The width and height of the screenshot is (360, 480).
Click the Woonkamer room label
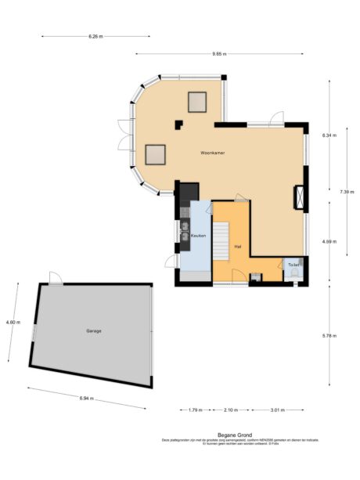[x=212, y=153]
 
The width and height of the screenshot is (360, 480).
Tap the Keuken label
[x=198, y=235]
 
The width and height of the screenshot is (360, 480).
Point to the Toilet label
[x=293, y=265]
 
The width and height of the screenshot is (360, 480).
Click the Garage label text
[x=94, y=330]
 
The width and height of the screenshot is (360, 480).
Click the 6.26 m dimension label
[x=96, y=36]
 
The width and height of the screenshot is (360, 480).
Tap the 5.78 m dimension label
[x=329, y=335]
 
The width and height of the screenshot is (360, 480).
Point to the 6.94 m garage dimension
[x=86, y=399]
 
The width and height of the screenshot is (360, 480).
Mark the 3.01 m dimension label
[x=277, y=410]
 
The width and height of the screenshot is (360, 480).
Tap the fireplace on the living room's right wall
[x=300, y=197]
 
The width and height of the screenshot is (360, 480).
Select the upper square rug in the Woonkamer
[x=196, y=101]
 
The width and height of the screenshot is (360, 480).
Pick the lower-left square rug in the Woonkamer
[x=156, y=154]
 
